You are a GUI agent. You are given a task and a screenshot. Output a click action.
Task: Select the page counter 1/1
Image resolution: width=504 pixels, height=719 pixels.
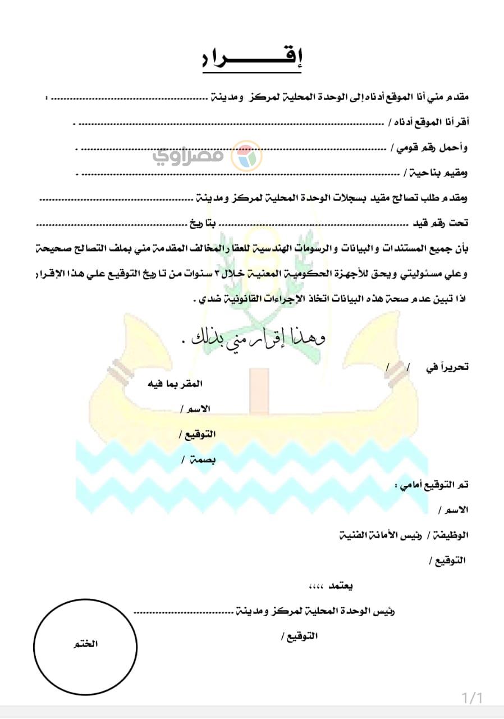click(x=472, y=698)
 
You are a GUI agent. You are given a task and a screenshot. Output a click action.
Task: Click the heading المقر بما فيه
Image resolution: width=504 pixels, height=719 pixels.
click(x=175, y=384)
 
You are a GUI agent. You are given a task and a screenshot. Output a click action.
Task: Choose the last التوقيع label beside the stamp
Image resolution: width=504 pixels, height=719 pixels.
click(x=299, y=636)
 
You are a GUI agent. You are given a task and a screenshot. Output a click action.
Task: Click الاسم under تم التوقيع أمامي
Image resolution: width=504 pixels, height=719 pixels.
click(x=455, y=510)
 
